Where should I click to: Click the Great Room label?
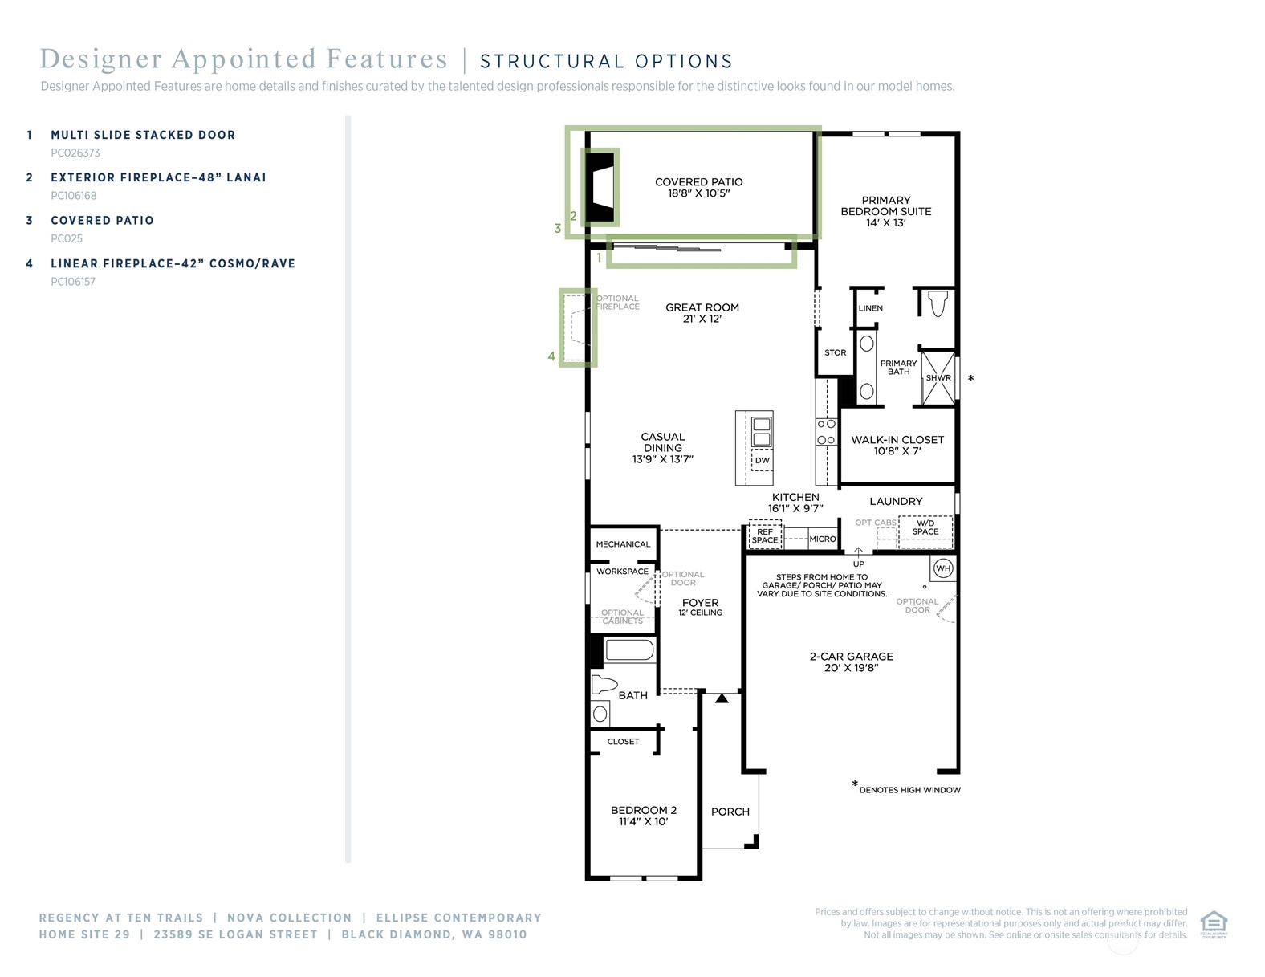pyautogui.click(x=702, y=307)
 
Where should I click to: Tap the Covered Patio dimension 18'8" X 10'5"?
pyautogui.click(x=698, y=193)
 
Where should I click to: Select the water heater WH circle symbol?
pyautogui.click(x=943, y=568)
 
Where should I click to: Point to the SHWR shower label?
pyautogui.click(x=938, y=377)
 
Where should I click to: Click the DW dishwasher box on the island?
pyautogui.click(x=762, y=460)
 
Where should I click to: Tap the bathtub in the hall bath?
pyautogui.click(x=629, y=650)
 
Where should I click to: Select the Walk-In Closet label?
pyautogui.click(x=897, y=440)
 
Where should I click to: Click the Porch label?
pyautogui.click(x=730, y=812)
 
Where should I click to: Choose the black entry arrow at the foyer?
pyautogui.click(x=722, y=698)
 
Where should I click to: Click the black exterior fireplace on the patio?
pyautogui.click(x=600, y=188)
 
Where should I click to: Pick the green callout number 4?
pyautogui.click(x=551, y=356)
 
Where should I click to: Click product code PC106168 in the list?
pyautogui.click(x=73, y=196)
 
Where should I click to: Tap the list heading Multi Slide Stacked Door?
pyautogui.click(x=143, y=135)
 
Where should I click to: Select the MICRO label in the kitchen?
pyautogui.click(x=823, y=539)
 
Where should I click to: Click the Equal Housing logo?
pyautogui.click(x=1214, y=925)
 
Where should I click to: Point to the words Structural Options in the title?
pyautogui.click(x=606, y=61)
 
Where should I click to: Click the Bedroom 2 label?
pyautogui.click(x=643, y=810)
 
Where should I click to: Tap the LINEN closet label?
pyautogui.click(x=870, y=308)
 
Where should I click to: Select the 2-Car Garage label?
pyautogui.click(x=851, y=656)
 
